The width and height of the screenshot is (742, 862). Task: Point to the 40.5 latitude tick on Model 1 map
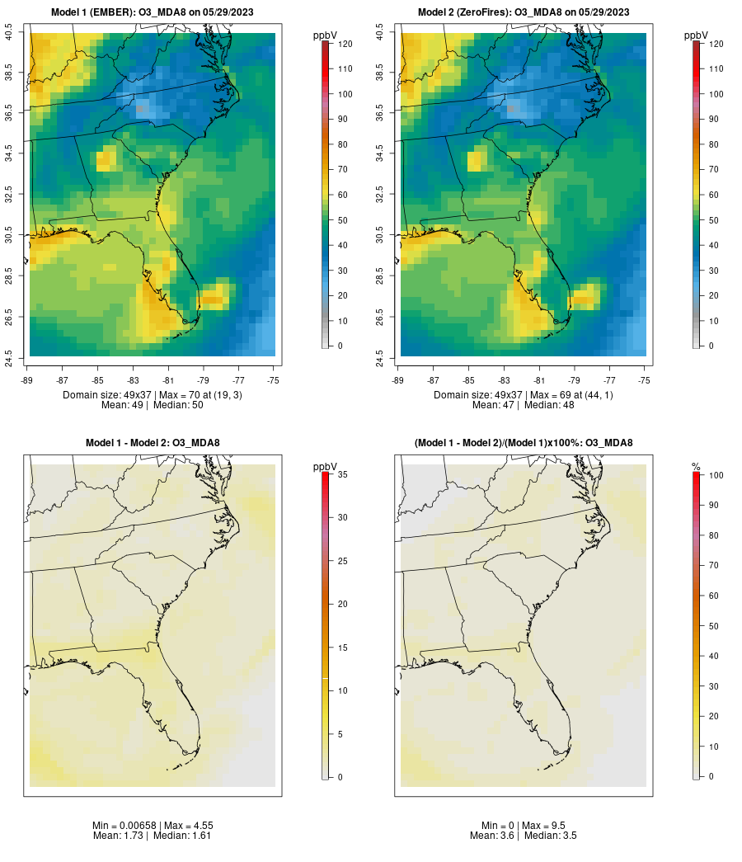(x=9, y=33)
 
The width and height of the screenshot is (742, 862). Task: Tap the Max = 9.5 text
(x=547, y=825)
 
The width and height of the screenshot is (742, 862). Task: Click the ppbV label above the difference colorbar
(x=326, y=467)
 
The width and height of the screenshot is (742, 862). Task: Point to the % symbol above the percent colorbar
(x=696, y=467)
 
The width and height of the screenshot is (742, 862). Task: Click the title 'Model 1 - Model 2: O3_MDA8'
(x=153, y=443)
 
